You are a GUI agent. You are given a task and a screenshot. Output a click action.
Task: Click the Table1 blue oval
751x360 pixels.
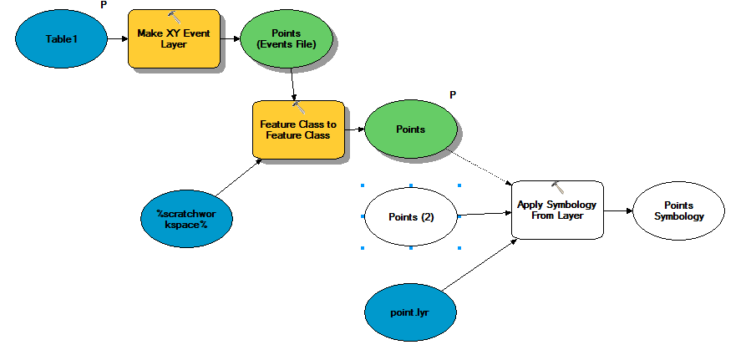pyautogui.click(x=61, y=38)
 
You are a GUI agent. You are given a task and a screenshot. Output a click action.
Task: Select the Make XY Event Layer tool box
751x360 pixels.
pyautogui.click(x=174, y=38)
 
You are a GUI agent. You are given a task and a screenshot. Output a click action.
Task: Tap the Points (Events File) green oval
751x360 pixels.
pyautogui.click(x=286, y=38)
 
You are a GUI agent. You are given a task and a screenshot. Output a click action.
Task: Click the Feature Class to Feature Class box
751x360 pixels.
pyautogui.click(x=298, y=129)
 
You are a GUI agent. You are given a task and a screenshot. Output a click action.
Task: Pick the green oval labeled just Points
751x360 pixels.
pyautogui.click(x=410, y=129)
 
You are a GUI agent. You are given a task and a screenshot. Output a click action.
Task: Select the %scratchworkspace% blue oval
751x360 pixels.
pyautogui.click(x=186, y=218)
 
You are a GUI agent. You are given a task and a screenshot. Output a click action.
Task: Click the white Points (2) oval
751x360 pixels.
pyautogui.click(x=410, y=217)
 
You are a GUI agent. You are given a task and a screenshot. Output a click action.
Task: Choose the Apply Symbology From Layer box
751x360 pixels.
pyautogui.click(x=557, y=210)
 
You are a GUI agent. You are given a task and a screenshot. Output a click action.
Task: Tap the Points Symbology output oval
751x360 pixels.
pyautogui.click(x=678, y=210)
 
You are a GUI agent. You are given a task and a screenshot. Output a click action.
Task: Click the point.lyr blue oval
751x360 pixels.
pyautogui.click(x=410, y=312)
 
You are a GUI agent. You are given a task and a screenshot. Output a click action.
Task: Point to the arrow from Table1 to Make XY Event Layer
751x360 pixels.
pyautogui.click(x=118, y=38)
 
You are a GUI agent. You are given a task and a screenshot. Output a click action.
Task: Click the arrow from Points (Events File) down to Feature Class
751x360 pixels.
pyautogui.click(x=293, y=84)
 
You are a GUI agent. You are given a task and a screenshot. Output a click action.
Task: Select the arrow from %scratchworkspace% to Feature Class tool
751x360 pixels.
pyautogui.click(x=239, y=176)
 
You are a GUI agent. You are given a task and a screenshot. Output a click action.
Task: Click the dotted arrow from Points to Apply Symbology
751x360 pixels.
pyautogui.click(x=479, y=166)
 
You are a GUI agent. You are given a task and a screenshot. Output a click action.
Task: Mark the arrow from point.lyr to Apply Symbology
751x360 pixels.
pyautogui.click(x=480, y=264)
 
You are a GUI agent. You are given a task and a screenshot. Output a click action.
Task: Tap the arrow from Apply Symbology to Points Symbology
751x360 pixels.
pyautogui.click(x=618, y=210)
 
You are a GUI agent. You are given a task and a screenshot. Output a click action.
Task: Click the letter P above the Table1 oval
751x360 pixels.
pyautogui.click(x=104, y=4)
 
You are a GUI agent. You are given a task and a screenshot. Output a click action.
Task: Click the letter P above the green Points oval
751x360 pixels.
pyautogui.click(x=453, y=94)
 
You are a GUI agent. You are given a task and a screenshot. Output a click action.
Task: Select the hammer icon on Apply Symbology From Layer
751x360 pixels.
pyautogui.click(x=557, y=187)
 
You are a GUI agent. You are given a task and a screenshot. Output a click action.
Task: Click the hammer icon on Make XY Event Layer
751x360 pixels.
pyautogui.click(x=175, y=17)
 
